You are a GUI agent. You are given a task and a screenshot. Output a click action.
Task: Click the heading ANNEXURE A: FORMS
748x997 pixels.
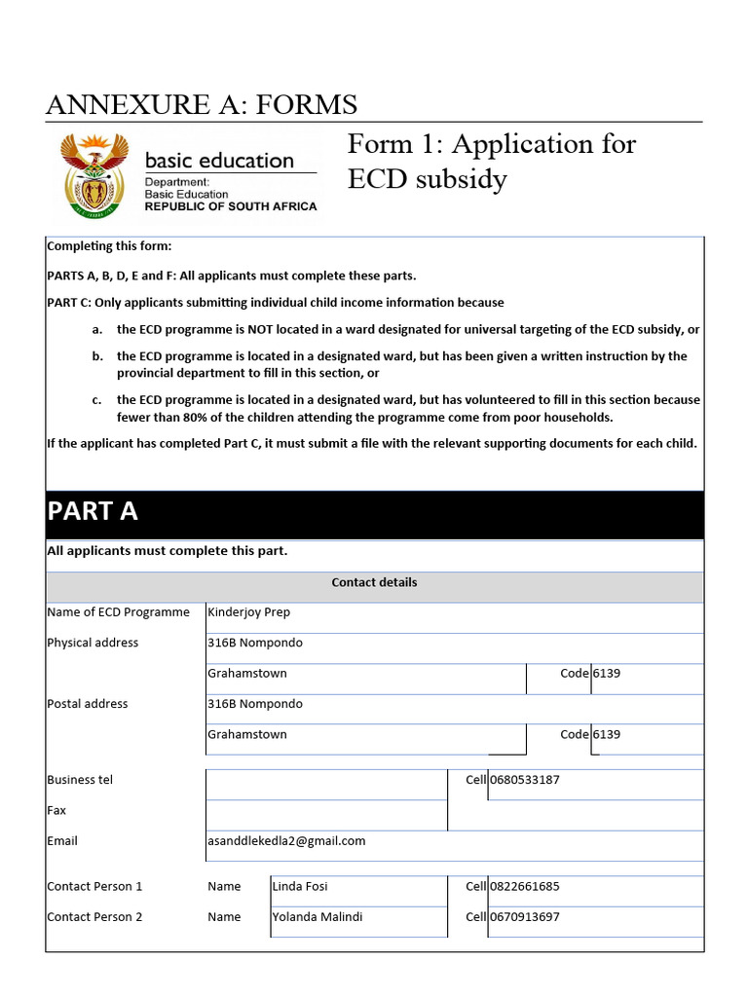(202, 104)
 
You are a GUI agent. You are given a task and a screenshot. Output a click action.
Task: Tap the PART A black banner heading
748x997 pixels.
(93, 511)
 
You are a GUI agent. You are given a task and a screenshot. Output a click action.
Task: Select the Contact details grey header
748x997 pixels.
(374, 582)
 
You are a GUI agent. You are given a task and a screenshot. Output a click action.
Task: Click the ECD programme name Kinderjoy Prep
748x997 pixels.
(248, 612)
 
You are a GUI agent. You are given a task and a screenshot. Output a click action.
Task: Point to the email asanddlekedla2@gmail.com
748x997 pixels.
(286, 841)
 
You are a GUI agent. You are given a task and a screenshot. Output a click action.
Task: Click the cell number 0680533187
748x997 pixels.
(524, 780)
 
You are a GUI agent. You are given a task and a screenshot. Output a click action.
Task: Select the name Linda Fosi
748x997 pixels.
(301, 886)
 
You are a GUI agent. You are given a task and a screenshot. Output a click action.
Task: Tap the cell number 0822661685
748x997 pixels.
(524, 886)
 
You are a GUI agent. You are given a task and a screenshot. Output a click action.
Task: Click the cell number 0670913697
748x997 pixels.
(524, 917)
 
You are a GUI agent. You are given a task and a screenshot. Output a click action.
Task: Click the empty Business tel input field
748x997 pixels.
(325, 784)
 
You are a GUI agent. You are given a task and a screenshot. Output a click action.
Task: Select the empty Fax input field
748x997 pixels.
(325, 814)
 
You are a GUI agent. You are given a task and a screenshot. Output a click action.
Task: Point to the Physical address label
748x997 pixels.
(93, 643)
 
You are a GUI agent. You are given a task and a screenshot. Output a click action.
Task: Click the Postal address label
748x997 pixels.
(87, 704)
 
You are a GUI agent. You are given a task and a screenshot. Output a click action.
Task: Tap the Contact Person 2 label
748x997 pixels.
(94, 917)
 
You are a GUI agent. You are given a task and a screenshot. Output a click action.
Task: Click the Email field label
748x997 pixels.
(62, 841)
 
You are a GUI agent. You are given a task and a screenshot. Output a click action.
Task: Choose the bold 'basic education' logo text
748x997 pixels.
(219, 161)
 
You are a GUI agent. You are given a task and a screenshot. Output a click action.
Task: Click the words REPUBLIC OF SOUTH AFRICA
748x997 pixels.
(231, 206)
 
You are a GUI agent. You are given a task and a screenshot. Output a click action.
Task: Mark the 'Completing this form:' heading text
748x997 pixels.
(109, 246)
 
